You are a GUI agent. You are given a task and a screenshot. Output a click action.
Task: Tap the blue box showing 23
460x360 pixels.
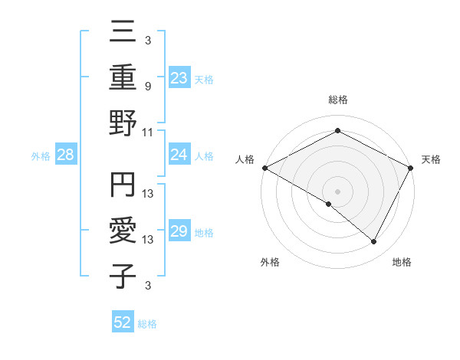click(179, 77)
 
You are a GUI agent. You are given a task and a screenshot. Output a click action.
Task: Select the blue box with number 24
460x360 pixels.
click(179, 155)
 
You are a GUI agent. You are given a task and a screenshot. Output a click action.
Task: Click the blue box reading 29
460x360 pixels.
click(179, 232)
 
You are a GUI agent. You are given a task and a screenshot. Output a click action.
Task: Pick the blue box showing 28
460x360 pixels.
click(66, 155)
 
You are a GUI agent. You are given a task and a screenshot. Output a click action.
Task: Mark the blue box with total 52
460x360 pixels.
click(123, 323)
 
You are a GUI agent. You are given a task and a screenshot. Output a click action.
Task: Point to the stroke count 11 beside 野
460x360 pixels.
click(148, 133)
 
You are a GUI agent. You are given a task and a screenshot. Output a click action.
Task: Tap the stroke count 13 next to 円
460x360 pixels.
click(148, 193)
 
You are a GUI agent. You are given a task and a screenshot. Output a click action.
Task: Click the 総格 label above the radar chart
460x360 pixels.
click(337, 100)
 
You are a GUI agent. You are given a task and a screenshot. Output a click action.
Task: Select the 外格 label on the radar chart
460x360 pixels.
click(270, 263)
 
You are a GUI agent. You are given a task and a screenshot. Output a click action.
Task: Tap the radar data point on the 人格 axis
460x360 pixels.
click(264, 168)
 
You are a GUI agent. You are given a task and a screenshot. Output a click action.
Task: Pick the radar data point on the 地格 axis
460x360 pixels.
click(374, 242)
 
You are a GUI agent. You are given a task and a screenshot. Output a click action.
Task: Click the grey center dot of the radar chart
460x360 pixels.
click(337, 191)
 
